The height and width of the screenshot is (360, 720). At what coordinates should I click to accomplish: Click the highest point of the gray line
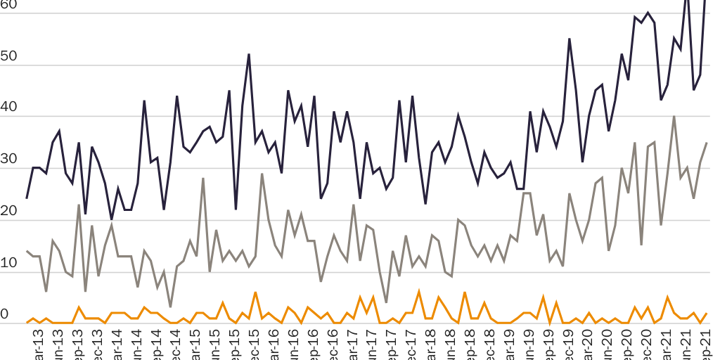674,117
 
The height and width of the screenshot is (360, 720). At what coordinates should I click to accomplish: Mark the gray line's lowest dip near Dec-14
170,307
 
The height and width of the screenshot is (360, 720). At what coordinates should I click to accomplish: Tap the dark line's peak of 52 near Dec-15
249,54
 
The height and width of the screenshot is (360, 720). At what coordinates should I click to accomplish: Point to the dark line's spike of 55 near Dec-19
570,39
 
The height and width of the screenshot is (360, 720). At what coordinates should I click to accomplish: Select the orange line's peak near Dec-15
255,292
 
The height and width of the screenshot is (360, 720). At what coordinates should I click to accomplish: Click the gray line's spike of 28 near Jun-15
203,179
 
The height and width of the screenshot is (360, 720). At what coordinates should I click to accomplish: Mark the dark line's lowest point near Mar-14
111,219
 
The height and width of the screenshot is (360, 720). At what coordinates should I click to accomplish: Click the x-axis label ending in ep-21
705,345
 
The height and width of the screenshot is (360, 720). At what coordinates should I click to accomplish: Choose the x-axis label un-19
526,345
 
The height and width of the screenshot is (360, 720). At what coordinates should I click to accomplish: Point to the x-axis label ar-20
585,345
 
